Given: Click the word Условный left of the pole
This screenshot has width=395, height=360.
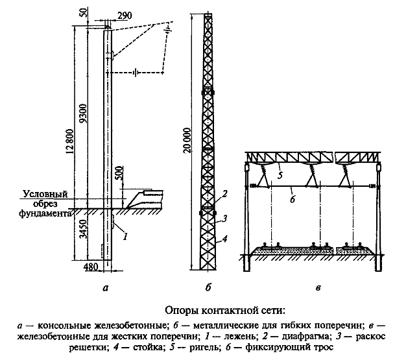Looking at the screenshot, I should click(x=44, y=194).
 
